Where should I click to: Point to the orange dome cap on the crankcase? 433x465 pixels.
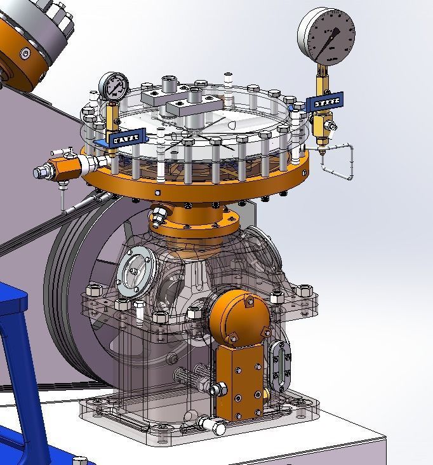pyautogui.click(x=239, y=316)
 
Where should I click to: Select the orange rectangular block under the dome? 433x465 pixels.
pyautogui.click(x=240, y=382)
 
